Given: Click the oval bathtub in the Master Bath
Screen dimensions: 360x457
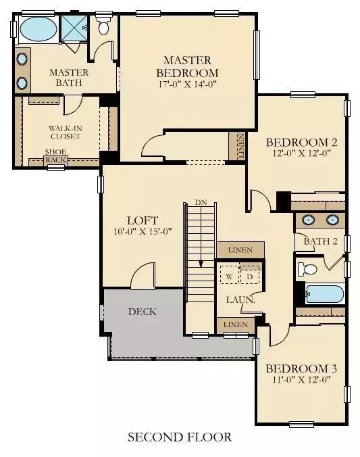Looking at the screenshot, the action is coord(38,29).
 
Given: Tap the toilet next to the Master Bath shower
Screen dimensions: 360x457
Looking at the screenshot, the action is coord(103,26).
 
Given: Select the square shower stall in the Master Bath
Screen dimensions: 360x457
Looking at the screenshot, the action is coord(74,28).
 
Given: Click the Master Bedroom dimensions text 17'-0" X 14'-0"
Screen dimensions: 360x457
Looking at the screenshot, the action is coord(188,85).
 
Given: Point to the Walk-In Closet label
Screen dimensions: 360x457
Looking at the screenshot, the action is coord(66,133).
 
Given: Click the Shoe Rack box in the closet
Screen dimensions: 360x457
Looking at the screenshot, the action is coord(56,160).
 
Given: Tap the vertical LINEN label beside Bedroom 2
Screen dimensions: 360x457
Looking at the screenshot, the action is coord(241,146).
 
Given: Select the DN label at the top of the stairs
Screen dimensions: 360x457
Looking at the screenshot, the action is coord(201,202).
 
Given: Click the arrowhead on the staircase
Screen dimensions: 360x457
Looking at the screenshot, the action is coord(201,264).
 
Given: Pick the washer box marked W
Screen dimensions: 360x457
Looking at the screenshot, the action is coord(230,274).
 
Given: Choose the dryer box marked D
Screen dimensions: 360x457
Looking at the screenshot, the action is coord(250,274).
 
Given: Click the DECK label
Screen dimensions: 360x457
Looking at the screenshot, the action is coord(143,312).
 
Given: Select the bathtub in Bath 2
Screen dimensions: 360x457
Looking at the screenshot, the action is coord(325,294).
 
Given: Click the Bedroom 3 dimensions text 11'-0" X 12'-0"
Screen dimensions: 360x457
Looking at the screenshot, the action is coord(302,379).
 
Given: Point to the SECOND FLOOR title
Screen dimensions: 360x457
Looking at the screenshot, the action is coord(180,437).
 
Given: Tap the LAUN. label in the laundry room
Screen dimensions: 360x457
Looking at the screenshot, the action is coord(240,299).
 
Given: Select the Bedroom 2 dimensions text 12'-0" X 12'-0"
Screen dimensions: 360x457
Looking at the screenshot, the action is coord(302,153).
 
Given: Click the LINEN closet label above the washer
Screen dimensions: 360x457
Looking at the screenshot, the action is coord(240,250).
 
